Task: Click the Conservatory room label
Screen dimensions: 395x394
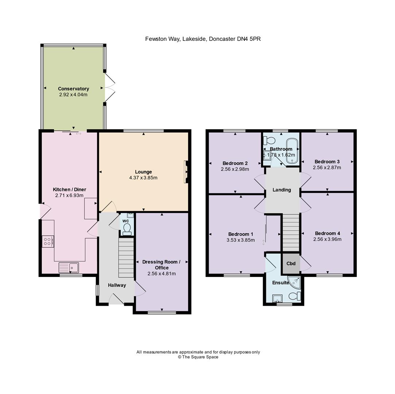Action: pyautogui.click(x=74, y=89)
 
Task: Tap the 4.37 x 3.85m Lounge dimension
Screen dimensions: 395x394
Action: pyautogui.click(x=143, y=178)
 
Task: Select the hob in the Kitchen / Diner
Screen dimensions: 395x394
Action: pyautogui.click(x=48, y=242)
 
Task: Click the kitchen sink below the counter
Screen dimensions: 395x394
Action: pyautogui.click(x=69, y=267)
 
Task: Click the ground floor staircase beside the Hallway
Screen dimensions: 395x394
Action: pyautogui.click(x=126, y=258)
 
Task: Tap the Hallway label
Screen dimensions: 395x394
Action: pyautogui.click(x=117, y=285)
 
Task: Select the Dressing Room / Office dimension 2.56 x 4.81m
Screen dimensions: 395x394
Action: pyautogui.click(x=162, y=274)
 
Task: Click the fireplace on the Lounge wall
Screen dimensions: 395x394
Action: pyautogui.click(x=186, y=172)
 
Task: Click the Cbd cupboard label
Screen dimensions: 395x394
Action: pyautogui.click(x=291, y=263)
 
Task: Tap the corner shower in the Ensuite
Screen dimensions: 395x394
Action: pyautogui.click(x=295, y=282)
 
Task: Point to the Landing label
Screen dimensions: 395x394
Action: pyautogui.click(x=282, y=190)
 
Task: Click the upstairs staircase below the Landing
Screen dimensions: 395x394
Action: pyautogui.click(x=291, y=232)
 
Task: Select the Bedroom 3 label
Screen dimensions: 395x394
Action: pyautogui.click(x=327, y=162)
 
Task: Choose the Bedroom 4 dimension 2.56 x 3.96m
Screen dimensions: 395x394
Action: pyautogui.click(x=328, y=239)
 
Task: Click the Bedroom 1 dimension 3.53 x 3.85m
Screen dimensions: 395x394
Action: pyautogui.click(x=241, y=240)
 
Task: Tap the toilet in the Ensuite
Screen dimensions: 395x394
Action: pyautogui.click(x=295, y=296)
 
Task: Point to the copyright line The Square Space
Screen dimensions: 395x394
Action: pyautogui.click(x=198, y=357)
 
